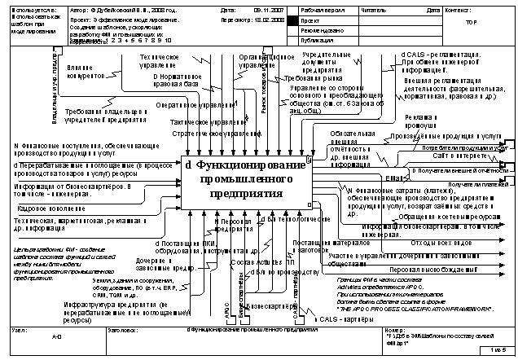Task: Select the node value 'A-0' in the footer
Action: coord(56,336)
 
